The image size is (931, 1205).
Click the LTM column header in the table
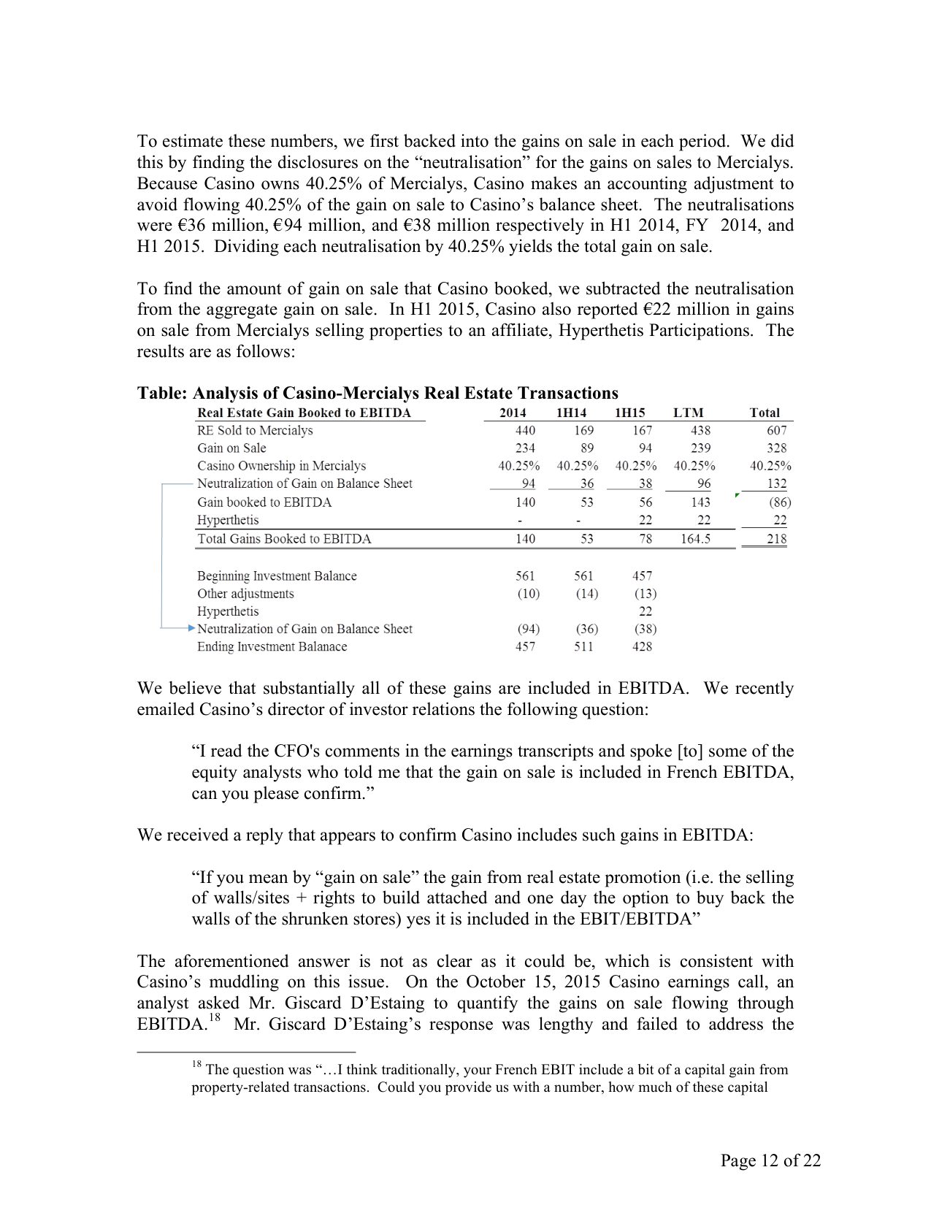tap(688, 413)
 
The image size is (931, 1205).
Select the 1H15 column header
tap(630, 413)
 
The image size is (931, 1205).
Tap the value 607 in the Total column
tap(777, 431)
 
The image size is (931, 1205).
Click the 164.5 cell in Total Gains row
tap(695, 539)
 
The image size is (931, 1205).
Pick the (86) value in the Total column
tap(779, 502)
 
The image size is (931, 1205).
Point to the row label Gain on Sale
tap(231, 448)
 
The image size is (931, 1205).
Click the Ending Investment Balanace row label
tap(272, 647)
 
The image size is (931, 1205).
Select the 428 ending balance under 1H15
tap(642, 647)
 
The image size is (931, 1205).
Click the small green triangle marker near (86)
tap(737, 496)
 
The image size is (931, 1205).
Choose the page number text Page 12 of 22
tap(770, 1160)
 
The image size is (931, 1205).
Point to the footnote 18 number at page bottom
tap(196, 1065)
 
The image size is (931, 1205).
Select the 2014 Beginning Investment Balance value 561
tap(525, 576)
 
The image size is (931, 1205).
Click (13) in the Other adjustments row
tap(645, 594)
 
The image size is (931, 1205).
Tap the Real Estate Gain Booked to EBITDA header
tap(304, 413)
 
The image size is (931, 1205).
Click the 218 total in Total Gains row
tap(777, 539)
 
